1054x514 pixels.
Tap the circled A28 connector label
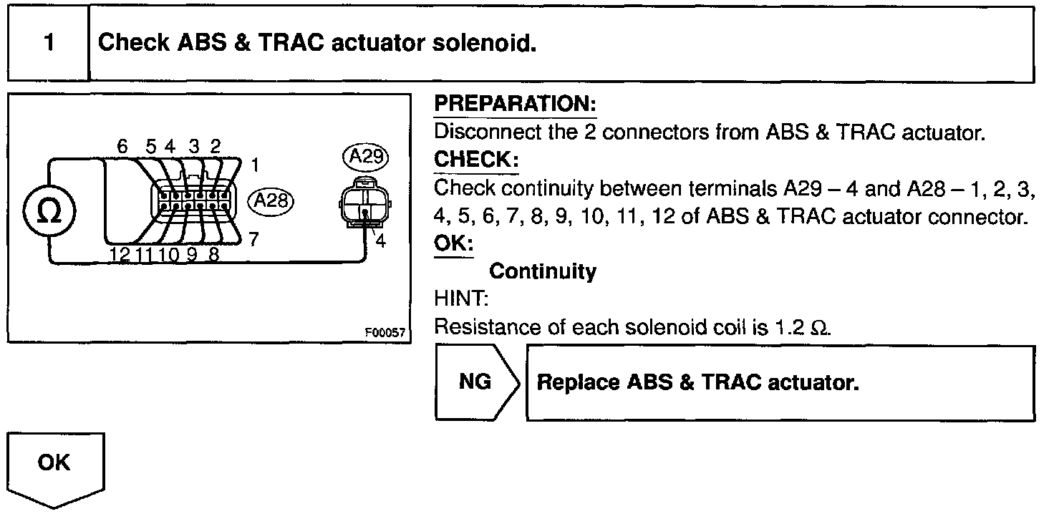coord(271,201)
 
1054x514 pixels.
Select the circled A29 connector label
coord(365,156)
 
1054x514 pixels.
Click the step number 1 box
coord(48,43)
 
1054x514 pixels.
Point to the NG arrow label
coord(475,382)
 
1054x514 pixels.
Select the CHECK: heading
coord(476,160)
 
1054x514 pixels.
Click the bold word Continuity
coord(543,272)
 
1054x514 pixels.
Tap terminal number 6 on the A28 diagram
coord(122,147)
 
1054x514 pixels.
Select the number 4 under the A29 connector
coord(380,242)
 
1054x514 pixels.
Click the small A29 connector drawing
coord(364,200)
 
